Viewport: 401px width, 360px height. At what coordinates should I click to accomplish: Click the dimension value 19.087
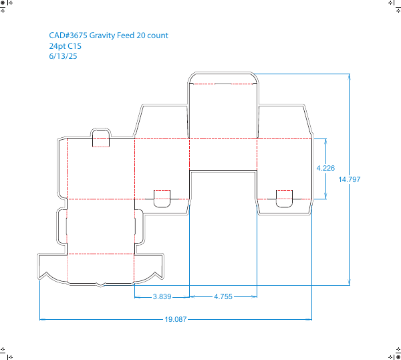(x=175, y=319)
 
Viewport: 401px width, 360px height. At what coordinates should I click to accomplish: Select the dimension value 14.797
(x=350, y=179)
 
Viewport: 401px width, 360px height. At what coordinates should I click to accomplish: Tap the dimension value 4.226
(x=325, y=168)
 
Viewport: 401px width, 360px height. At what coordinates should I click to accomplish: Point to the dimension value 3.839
(x=162, y=296)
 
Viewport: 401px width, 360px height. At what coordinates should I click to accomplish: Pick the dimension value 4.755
(x=223, y=296)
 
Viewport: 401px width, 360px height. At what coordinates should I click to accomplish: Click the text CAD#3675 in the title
(x=68, y=35)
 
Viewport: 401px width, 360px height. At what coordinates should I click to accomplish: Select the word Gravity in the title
(x=102, y=35)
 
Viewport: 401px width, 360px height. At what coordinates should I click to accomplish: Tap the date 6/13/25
(x=63, y=56)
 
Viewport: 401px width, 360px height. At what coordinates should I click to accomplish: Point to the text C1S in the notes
(x=75, y=46)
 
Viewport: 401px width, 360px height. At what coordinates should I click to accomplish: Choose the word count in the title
(x=158, y=35)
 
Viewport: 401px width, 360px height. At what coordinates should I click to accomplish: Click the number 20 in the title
(x=140, y=35)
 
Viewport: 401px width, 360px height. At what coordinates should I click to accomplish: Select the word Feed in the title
(x=126, y=35)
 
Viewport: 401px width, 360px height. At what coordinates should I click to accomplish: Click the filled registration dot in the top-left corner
(x=3, y=3)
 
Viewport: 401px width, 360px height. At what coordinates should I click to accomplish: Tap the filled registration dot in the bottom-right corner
(x=398, y=357)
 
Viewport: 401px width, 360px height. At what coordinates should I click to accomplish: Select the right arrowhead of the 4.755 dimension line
(x=254, y=296)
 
